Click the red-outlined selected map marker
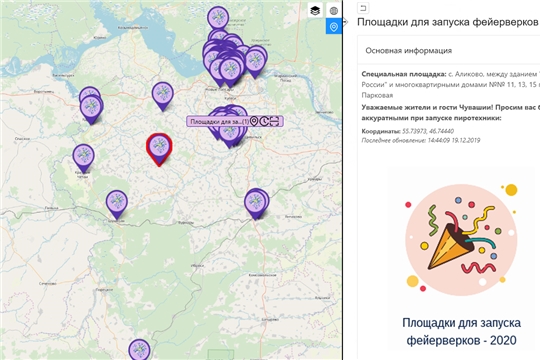(159, 147)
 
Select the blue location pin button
(333, 27)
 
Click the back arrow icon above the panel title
(364, 7)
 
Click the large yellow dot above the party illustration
(510, 188)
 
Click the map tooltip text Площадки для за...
(217, 121)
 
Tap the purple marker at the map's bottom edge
(140, 349)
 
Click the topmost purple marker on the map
(217, 17)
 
